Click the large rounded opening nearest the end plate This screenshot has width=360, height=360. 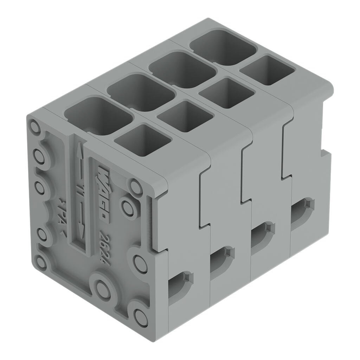click(98, 116)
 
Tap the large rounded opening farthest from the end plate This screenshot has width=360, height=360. click(223, 47)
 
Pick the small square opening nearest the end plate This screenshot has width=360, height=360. click(142, 140)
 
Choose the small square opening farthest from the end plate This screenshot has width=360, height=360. click(267, 70)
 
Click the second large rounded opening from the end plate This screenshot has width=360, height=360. click(141, 92)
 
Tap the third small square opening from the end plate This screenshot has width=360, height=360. click(226, 93)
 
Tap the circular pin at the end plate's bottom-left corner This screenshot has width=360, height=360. click(41, 262)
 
